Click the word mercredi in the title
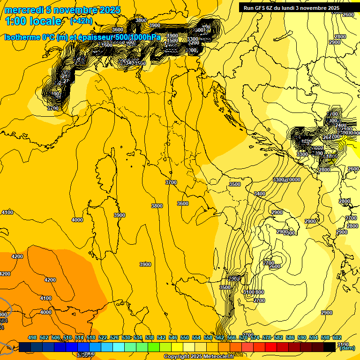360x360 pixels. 24,10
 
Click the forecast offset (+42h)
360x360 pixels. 81,21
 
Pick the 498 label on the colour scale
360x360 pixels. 32,338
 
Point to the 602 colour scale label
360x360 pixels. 337,338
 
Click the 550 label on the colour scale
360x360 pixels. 185,338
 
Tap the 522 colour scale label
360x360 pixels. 103,338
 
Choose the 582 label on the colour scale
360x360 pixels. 278,338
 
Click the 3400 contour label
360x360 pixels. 259,194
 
